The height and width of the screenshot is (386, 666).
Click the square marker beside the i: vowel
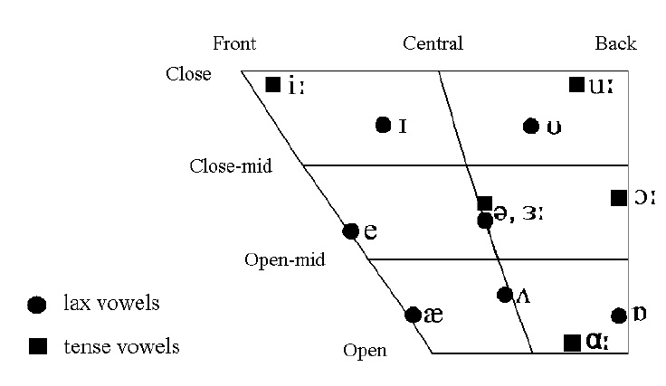pos(272,85)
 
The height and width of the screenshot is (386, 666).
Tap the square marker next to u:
pos(576,85)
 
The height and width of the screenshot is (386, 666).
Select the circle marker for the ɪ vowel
pos(383,125)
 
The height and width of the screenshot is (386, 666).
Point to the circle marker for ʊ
pos(531,126)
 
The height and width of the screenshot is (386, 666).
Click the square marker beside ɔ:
pos(619,197)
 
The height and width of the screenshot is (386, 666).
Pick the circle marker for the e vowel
pos(351,231)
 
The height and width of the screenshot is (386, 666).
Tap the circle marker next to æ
pos(413,315)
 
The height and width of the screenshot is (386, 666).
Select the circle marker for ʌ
pos(505,294)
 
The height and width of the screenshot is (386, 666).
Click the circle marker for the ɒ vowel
pos(619,315)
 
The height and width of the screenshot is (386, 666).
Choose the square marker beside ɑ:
pos(572,342)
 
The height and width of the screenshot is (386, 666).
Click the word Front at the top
pos(234,43)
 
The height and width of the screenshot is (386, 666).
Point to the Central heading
pos(433,43)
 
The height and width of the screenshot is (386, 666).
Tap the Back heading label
pos(615,43)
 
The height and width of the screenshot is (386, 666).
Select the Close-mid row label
pos(231,166)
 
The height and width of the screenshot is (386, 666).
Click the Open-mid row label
pos(284,260)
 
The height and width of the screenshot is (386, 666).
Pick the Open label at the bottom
pos(365,351)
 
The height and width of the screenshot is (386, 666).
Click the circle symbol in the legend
pos(37,306)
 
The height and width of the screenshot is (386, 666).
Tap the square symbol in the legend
pos(37,346)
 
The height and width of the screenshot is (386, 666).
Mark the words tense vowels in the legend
pos(121,346)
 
